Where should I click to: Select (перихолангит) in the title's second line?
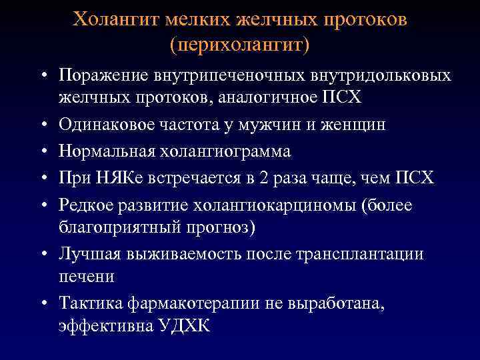point(240,45)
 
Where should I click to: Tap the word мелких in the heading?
point(200,19)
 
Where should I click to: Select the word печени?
point(86,276)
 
